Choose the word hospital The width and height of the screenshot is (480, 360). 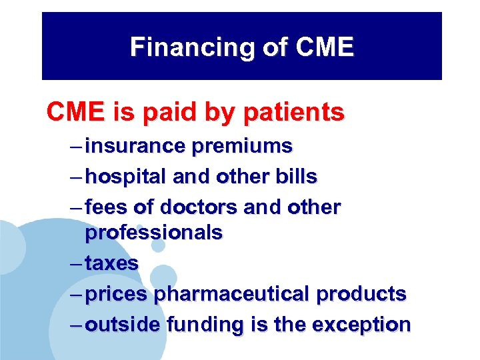coord(125,177)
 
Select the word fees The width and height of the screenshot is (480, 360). coord(107,207)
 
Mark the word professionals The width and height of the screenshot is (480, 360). coord(153,233)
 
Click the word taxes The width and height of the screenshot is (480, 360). coord(111,263)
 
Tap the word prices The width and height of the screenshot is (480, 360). coord(117,294)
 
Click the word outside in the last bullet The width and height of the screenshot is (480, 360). coord(123,325)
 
